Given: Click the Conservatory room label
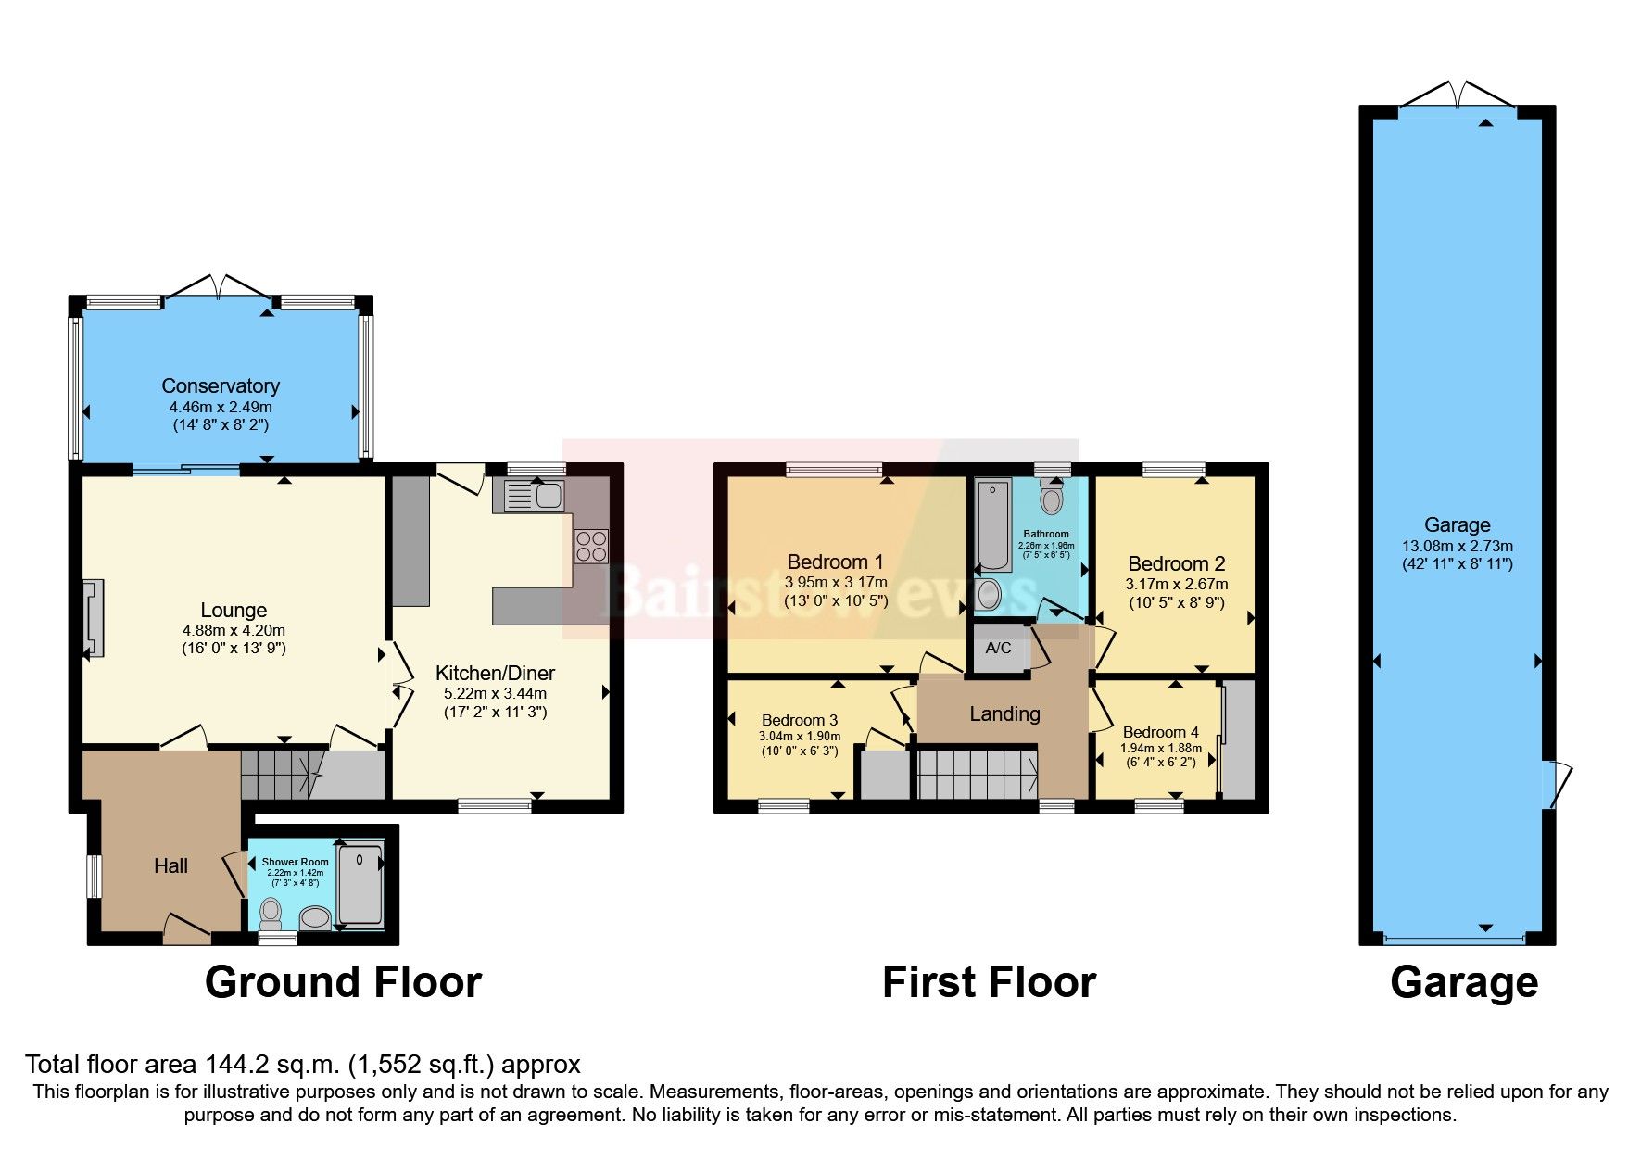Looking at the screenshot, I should (x=221, y=385).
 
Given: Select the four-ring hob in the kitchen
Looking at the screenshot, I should (x=591, y=546).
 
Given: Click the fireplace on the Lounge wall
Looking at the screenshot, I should (x=94, y=618).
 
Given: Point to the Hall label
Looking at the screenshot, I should (x=170, y=865).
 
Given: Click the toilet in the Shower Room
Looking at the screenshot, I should (x=271, y=914).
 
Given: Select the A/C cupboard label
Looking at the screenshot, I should (x=998, y=648).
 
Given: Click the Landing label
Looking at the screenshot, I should (x=1004, y=713).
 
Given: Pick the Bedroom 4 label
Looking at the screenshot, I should (x=1160, y=732).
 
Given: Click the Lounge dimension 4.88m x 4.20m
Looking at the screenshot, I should (x=234, y=630).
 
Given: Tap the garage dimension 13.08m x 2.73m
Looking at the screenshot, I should (x=1457, y=546).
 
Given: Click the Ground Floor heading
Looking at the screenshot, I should (x=343, y=982).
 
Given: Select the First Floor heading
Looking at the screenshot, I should (x=989, y=982).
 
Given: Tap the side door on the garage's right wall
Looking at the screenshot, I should (x=1554, y=784).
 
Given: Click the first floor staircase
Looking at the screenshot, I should (x=976, y=774).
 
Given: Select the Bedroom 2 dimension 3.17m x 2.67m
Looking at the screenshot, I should (x=1176, y=584).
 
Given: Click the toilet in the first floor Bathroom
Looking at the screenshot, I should (x=1051, y=498).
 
